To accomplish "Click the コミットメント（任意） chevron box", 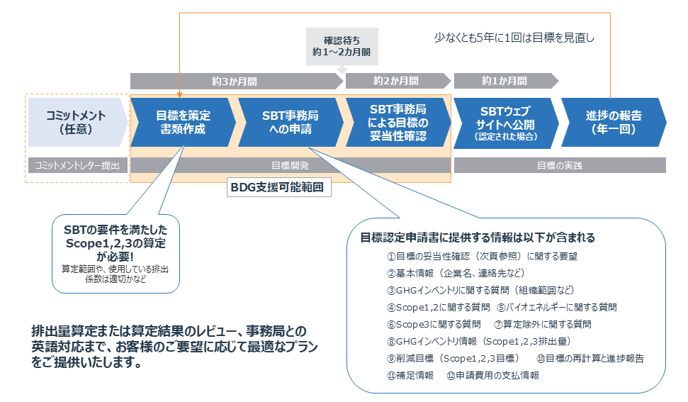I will (77, 122).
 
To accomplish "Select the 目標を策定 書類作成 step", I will (183, 122).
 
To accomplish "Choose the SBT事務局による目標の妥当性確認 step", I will (397, 122).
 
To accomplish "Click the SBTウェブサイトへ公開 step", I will (504, 122).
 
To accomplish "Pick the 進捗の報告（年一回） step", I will (612, 122).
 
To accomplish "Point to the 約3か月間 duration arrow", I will (234, 81).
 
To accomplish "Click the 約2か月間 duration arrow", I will (395, 81).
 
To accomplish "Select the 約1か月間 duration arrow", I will (504, 81).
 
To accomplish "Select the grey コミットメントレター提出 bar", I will (77, 165).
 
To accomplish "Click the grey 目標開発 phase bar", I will (290, 165).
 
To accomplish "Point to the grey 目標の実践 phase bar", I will (559, 165).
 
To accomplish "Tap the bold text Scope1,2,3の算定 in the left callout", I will (114, 243).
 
